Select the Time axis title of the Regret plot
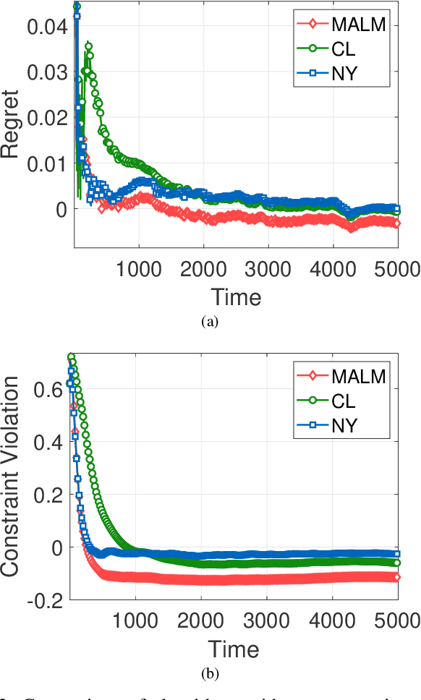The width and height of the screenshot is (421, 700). click(236, 296)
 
